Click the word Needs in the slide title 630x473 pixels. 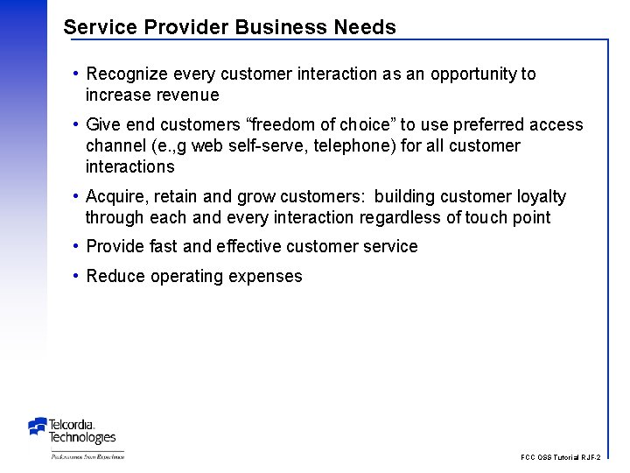click(365, 27)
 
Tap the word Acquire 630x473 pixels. click(117, 197)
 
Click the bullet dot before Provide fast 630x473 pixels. click(77, 246)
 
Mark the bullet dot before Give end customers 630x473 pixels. click(77, 124)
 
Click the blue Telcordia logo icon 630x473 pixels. click(38, 427)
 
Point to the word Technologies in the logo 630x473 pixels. click(82, 437)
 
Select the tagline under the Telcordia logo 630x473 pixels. click(87, 456)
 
